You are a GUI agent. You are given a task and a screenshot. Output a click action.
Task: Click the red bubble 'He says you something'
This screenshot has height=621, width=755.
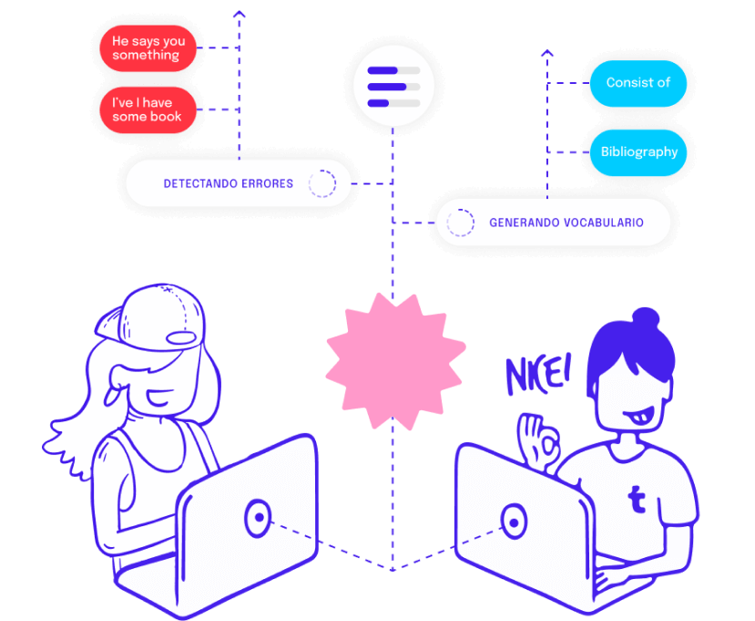148,47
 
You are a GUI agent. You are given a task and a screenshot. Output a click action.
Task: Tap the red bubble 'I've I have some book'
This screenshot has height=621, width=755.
148,109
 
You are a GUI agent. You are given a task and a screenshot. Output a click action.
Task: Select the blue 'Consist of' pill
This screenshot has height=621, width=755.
638,82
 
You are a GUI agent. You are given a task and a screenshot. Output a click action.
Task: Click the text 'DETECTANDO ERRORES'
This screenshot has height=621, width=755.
228,183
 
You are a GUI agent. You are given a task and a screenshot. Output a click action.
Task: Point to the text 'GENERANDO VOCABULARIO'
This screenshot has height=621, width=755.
566,223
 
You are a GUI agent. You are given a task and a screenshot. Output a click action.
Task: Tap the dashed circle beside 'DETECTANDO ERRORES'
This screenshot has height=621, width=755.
321,183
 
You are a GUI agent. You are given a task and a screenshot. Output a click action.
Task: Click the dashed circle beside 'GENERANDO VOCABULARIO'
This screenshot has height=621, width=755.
460,223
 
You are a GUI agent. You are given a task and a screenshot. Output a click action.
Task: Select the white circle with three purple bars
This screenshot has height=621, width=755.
393,87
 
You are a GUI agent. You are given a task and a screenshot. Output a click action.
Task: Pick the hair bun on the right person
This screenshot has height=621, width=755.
645,319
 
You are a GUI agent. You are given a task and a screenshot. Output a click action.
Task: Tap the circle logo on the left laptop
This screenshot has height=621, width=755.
259,519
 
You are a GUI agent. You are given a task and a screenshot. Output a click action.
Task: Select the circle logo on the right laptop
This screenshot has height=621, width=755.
514,523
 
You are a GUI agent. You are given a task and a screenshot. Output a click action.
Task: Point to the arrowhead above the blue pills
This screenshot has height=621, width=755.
546,55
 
